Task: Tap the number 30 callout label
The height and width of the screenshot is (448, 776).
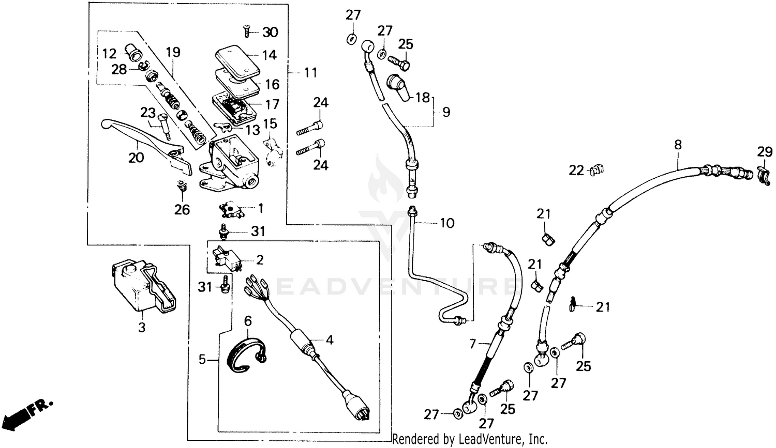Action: tap(270, 33)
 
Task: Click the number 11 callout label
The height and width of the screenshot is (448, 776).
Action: tap(310, 73)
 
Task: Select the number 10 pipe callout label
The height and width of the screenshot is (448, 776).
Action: tap(447, 223)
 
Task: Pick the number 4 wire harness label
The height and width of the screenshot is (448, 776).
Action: tap(329, 340)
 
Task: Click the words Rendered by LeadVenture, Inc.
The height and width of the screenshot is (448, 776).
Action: tap(470, 439)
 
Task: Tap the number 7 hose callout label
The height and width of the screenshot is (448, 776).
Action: tap(472, 344)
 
